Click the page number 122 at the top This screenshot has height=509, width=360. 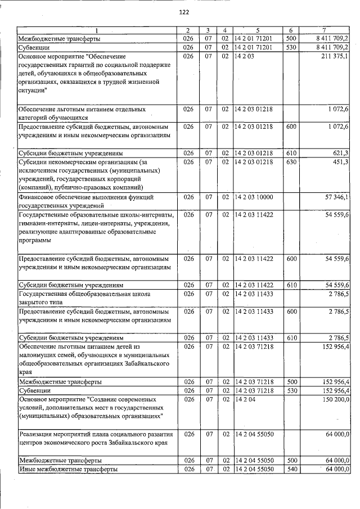183,12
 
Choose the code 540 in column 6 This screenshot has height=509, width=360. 291,469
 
